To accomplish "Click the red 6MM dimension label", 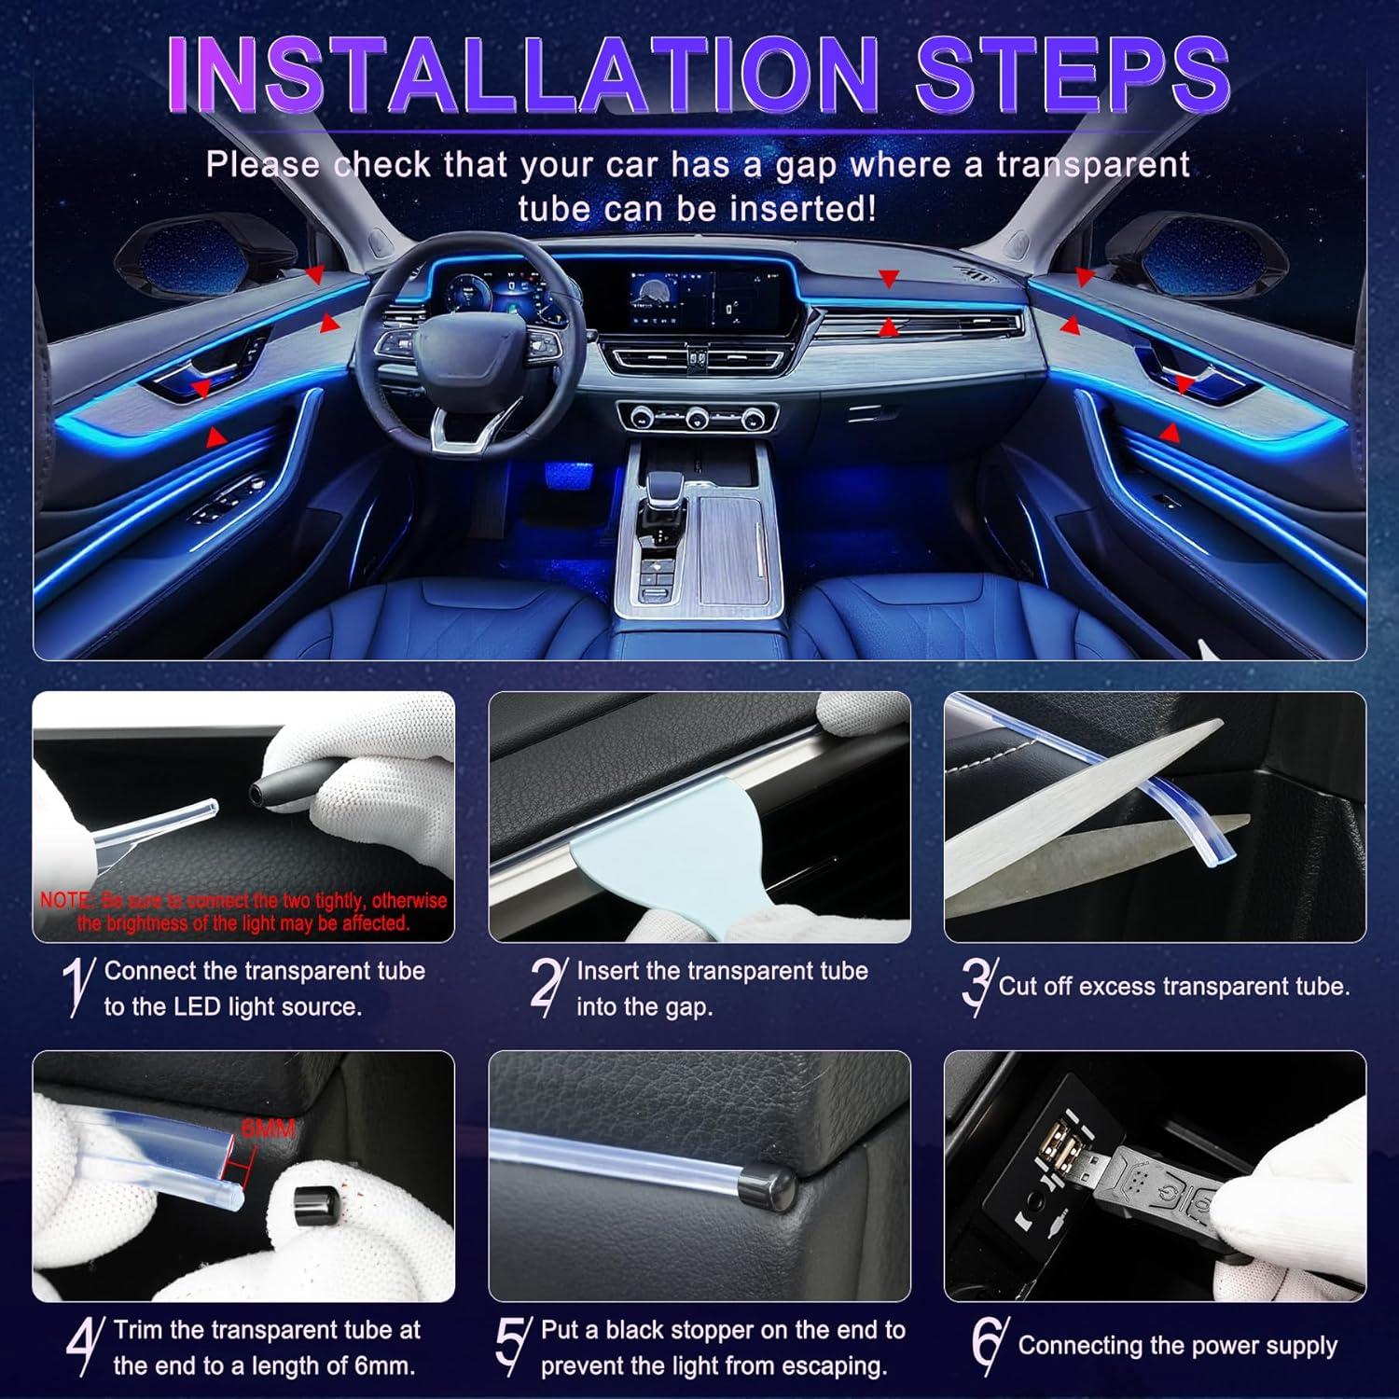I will (268, 1129).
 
